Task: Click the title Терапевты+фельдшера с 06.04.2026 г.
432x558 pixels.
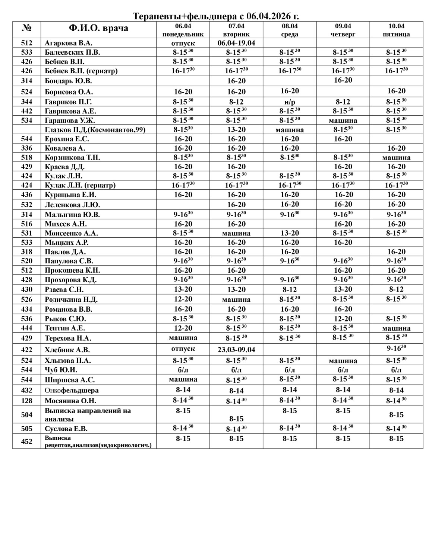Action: point(216,16)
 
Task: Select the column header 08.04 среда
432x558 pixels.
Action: point(290,30)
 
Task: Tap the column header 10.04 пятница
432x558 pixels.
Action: point(396,30)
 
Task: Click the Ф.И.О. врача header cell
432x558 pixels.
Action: point(98,28)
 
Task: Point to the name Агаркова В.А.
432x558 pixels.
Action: point(69,43)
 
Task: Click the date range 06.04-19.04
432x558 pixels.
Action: point(236,43)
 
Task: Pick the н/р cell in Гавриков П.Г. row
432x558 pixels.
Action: point(290,102)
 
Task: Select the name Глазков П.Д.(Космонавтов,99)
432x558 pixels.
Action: point(95,130)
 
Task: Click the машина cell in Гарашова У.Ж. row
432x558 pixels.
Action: point(343,121)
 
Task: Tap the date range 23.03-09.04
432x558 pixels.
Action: point(236,350)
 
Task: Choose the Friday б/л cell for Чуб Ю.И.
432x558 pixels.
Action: point(396,370)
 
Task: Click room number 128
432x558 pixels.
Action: point(27,401)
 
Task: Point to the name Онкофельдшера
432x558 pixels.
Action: point(72,390)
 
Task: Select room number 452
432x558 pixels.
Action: point(27,441)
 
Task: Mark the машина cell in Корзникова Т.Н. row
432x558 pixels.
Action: point(396,158)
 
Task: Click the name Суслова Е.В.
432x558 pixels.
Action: point(66,429)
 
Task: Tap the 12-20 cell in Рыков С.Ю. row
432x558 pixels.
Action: point(343,319)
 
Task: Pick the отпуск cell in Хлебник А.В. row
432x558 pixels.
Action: point(183,349)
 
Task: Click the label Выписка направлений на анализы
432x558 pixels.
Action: point(88,415)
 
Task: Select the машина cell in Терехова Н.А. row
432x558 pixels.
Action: point(183,338)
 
